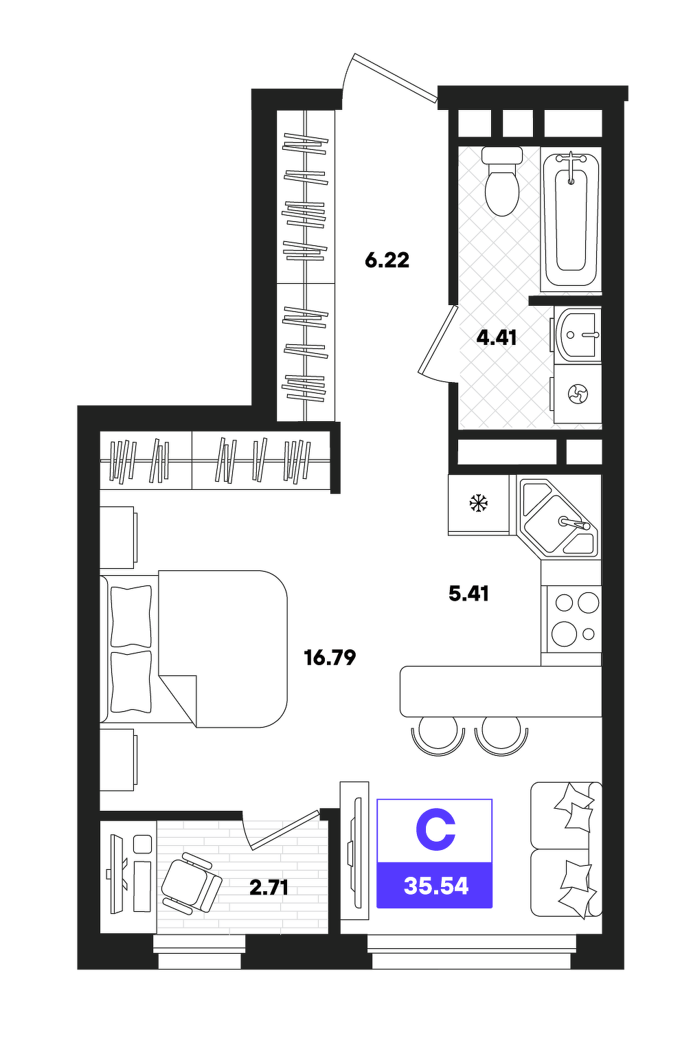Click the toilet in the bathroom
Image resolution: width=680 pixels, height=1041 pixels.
tap(501, 181)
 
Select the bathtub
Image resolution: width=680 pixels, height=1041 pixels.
tap(571, 219)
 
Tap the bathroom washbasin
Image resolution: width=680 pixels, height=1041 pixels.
tap(576, 335)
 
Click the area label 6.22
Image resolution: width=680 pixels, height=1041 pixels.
tap(387, 260)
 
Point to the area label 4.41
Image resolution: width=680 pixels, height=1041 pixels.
tap(497, 338)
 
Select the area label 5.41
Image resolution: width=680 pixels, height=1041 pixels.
tap(468, 594)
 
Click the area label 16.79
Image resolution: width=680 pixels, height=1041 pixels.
tap(330, 658)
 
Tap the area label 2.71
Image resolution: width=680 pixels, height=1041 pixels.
tap(269, 888)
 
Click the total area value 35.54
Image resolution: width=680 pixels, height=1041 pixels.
tap(436, 886)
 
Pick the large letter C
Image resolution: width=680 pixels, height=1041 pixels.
tap(435, 831)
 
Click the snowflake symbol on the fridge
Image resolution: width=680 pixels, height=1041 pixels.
tap(478, 503)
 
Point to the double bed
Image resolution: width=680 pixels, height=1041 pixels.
tap(194, 649)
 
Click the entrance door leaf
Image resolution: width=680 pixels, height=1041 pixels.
tap(395, 77)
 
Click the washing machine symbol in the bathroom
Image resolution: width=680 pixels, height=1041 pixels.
tap(578, 394)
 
